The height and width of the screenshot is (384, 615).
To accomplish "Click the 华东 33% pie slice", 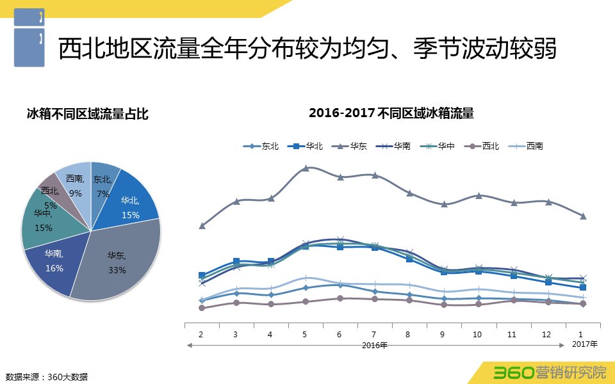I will [119, 262].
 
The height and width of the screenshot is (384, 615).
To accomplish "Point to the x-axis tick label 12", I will [546, 335].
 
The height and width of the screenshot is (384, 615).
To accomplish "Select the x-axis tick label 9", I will [443, 335].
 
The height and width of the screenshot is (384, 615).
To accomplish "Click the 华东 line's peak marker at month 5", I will [306, 168].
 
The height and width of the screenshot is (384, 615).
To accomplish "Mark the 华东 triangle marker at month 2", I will [202, 225].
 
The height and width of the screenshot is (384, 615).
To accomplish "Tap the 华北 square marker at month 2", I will [202, 275].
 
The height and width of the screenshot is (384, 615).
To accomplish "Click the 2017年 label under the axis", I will [584, 344].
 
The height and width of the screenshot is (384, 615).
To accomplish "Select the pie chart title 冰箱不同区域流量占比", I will [88, 115].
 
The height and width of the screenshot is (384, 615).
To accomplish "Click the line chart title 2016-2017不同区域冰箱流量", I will [391, 113].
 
